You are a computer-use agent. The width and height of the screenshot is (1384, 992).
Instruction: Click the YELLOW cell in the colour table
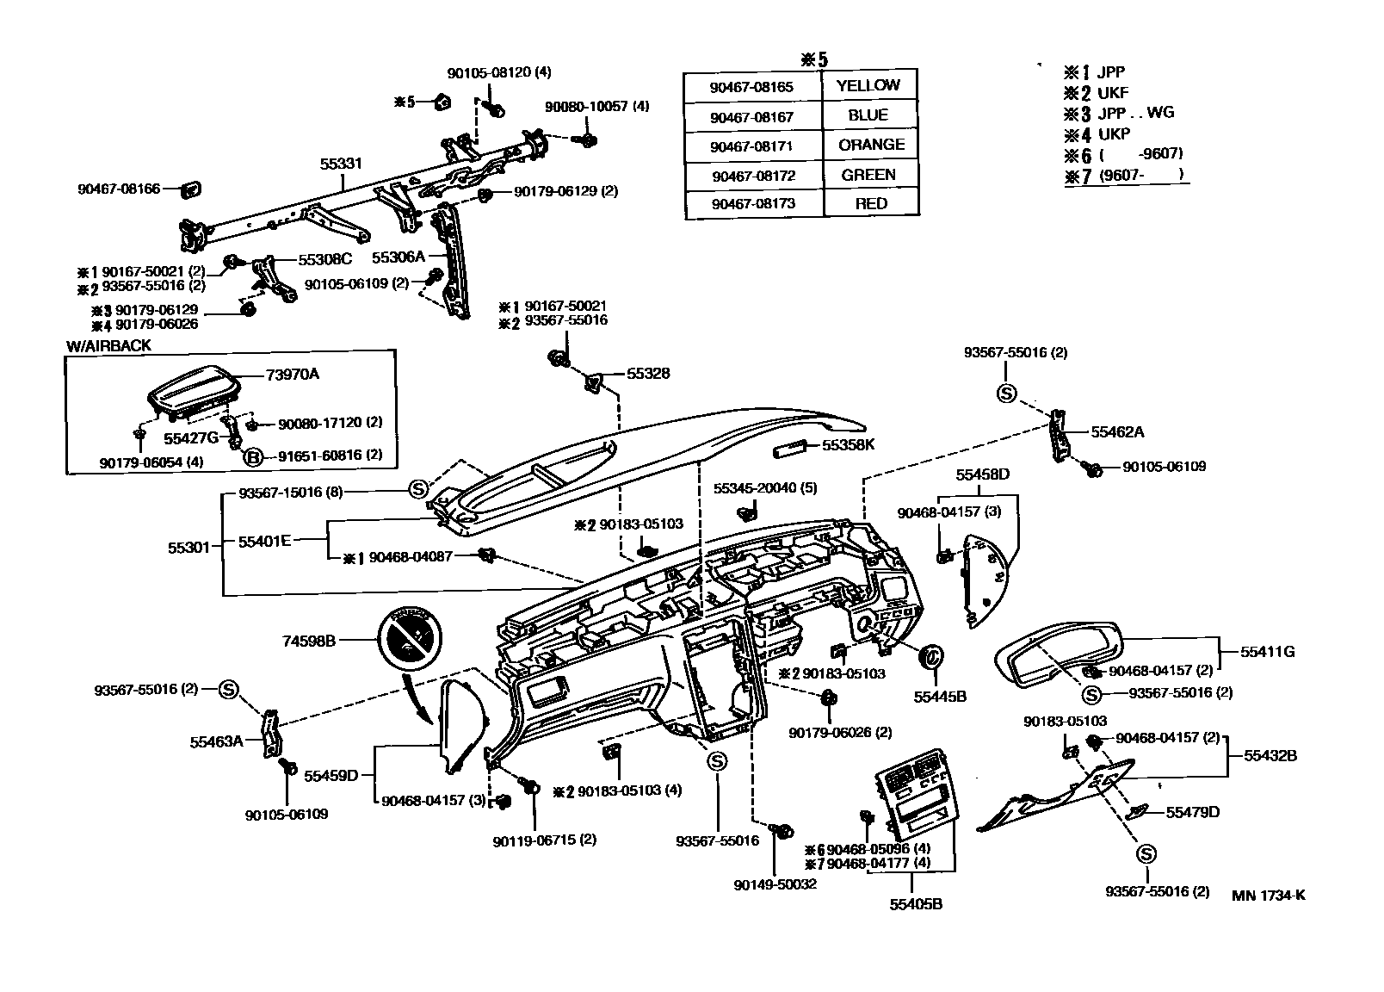coord(868,85)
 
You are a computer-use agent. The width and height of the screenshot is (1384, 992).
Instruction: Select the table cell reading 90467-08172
coord(752,176)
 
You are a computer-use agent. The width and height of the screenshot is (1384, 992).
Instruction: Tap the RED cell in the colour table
coord(871,203)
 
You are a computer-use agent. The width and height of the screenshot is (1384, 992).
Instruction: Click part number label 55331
coord(341,163)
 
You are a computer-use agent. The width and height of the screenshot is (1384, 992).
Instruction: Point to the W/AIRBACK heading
coord(108,345)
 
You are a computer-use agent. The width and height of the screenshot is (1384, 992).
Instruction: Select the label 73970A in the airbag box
coord(293,374)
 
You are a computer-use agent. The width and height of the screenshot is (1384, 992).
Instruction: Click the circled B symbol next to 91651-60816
coord(253,456)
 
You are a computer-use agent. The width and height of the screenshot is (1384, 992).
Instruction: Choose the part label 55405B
coord(916,904)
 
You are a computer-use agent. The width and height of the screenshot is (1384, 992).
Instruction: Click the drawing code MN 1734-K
coord(1268,895)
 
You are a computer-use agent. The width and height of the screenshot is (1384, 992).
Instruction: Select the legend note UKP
coord(1114,133)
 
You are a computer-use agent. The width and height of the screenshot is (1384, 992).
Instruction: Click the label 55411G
coord(1267,652)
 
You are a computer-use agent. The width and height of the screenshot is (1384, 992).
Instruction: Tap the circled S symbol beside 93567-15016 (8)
coord(417,490)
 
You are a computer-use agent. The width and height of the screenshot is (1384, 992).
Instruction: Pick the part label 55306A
coord(399,257)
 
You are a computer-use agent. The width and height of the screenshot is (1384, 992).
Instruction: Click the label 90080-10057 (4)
coord(597,106)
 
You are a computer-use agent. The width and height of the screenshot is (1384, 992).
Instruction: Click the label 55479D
coord(1193,812)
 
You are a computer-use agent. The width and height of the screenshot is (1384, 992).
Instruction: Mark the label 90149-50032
coord(775,884)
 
